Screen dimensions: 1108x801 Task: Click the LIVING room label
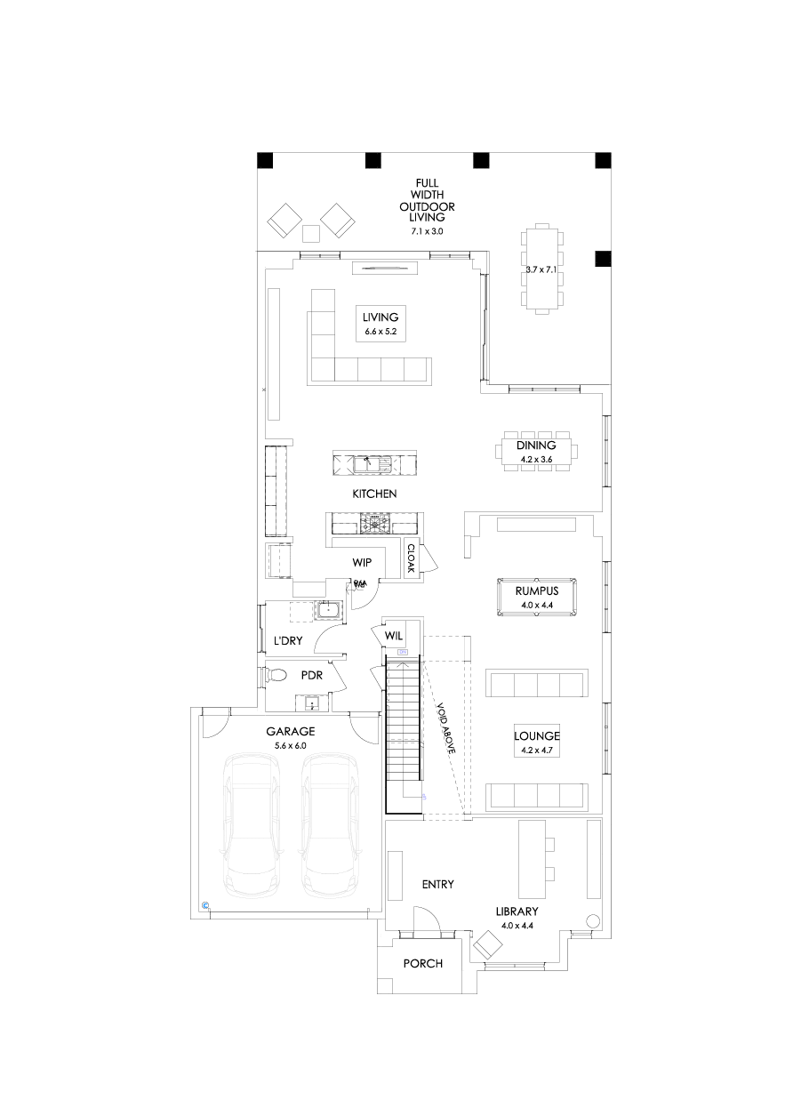(380, 317)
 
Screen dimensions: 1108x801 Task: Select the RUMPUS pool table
(536, 597)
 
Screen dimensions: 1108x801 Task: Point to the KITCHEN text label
(373, 494)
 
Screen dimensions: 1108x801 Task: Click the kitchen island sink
(368, 463)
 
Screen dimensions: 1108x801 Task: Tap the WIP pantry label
(362, 563)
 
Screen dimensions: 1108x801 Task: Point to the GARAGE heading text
(292, 732)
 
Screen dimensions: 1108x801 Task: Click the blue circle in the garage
(206, 905)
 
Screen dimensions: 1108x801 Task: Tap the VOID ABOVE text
(445, 729)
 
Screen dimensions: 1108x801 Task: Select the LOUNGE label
(537, 736)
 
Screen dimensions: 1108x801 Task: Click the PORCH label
(422, 964)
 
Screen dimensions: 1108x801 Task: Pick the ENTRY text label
(438, 884)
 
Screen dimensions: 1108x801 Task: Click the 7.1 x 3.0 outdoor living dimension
(426, 231)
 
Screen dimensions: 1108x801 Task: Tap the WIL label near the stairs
(394, 636)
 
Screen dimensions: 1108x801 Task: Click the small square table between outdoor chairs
(310, 234)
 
